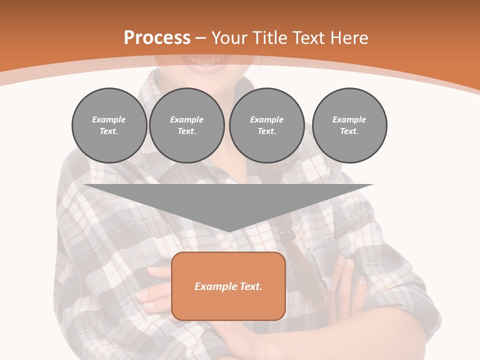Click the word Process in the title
click(157, 38)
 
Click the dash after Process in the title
click(200, 38)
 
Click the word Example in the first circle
click(109, 119)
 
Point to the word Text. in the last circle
click(349, 131)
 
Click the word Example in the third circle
click(266, 119)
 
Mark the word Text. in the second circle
click(187, 131)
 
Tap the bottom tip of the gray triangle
click(229, 231)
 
